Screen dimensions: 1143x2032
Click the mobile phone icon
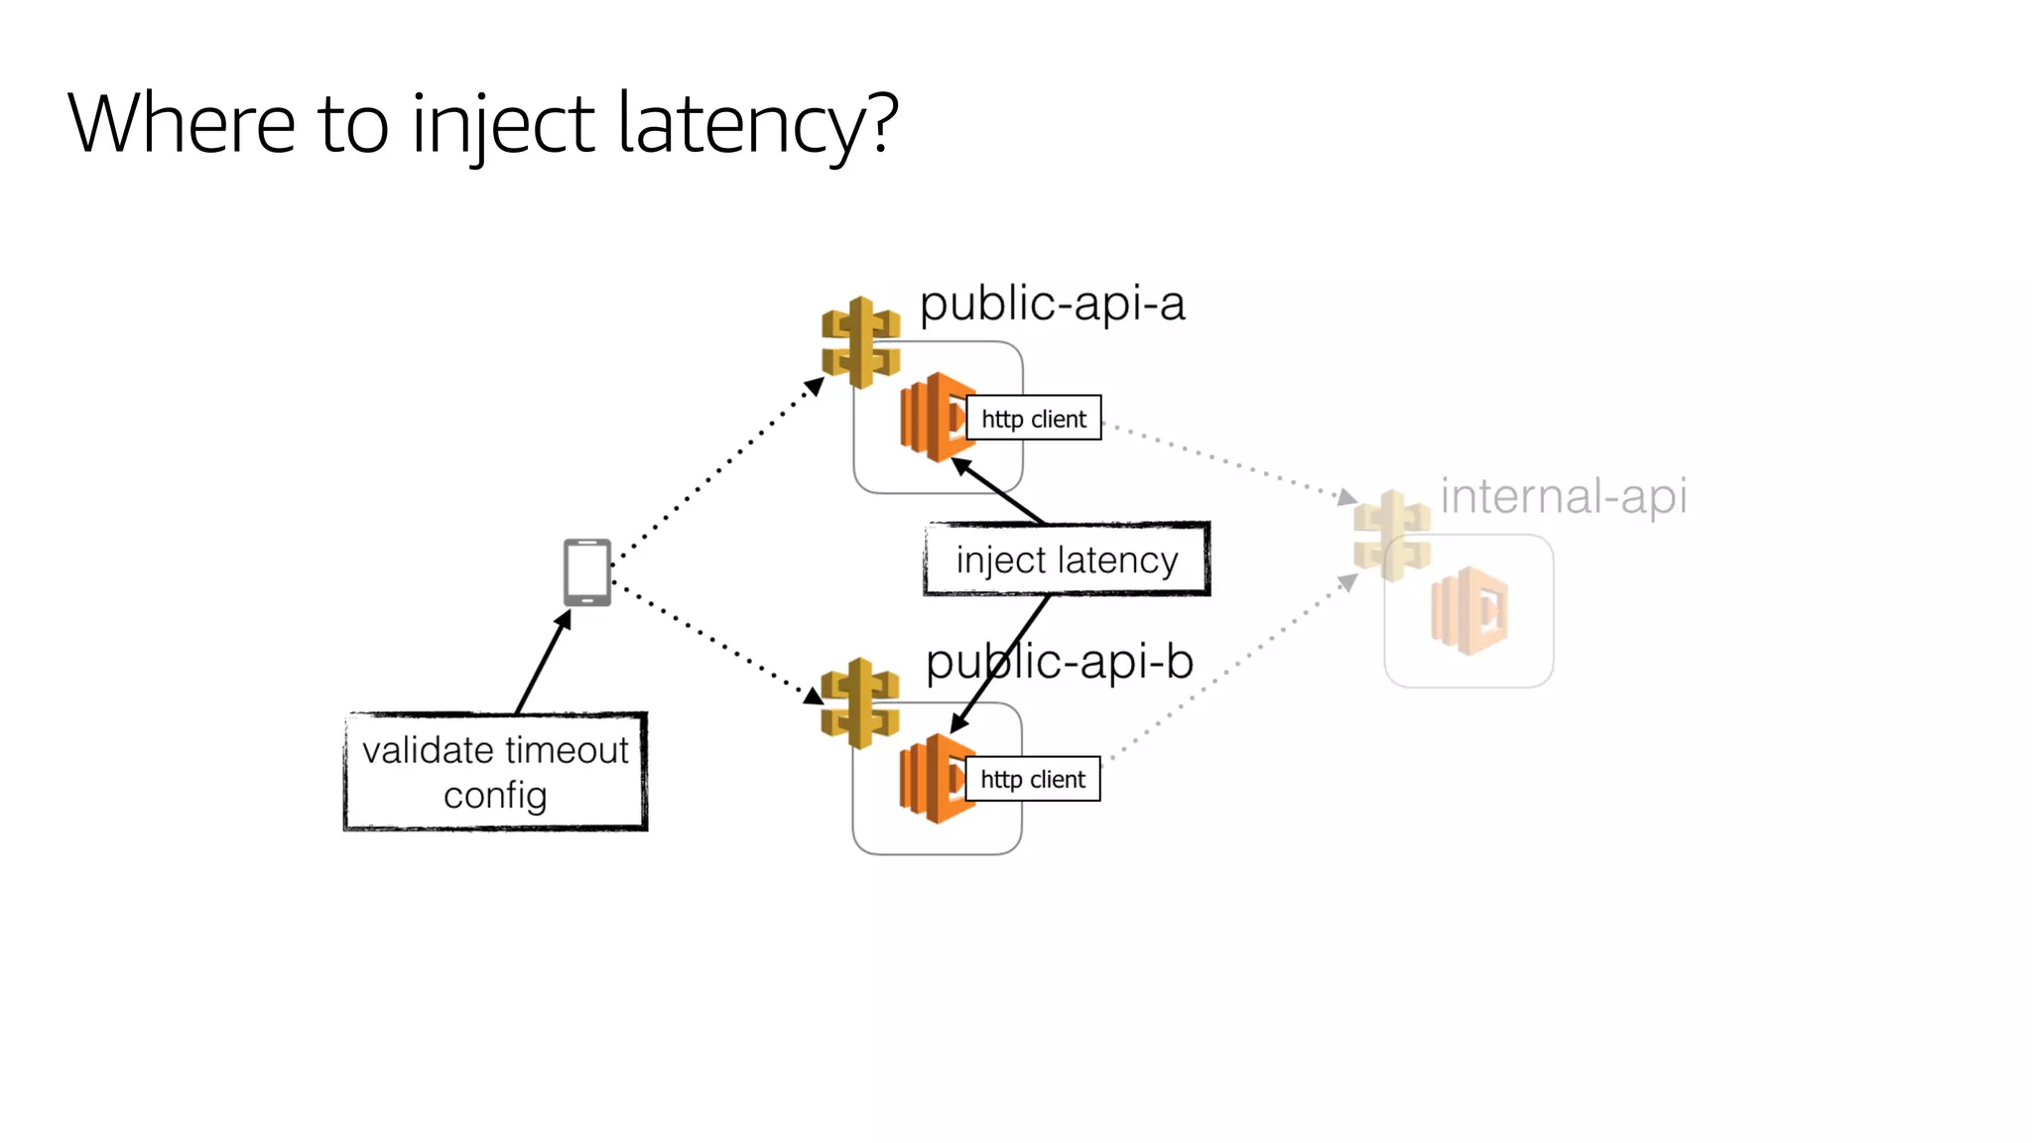(587, 572)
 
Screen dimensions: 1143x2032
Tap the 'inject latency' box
(1067, 560)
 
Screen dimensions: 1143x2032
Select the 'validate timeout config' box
(495, 772)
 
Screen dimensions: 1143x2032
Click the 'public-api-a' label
(1052, 304)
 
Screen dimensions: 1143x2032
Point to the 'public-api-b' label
(1059, 662)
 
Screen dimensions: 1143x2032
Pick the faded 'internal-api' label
(1563, 496)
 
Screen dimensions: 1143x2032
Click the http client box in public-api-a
(1034, 419)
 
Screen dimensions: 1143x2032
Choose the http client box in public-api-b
(1033, 779)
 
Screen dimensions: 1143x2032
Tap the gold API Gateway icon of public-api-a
(860, 342)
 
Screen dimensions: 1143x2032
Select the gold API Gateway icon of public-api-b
(859, 702)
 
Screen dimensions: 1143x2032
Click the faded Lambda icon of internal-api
(1468, 610)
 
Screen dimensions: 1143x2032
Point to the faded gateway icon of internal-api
(1392, 535)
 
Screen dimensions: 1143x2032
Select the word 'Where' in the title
(182, 124)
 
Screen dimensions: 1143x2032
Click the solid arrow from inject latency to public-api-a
(999, 491)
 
